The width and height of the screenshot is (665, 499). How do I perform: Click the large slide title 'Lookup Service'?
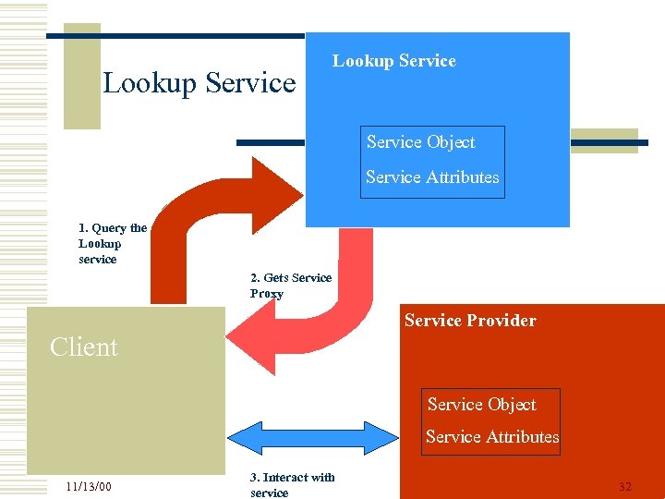[x=199, y=83]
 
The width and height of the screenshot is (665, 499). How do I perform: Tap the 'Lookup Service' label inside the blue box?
[x=394, y=61]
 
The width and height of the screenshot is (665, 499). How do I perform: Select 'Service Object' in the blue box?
[x=420, y=142]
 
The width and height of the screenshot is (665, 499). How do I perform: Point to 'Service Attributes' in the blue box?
[x=431, y=177]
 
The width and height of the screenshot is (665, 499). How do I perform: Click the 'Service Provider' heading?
[x=470, y=321]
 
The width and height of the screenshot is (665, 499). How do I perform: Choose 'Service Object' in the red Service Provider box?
[x=481, y=405]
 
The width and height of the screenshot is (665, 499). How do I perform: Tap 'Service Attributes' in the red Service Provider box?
[x=492, y=437]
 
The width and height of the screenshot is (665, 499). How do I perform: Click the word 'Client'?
[x=84, y=347]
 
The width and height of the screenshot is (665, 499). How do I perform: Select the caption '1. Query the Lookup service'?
[x=112, y=244]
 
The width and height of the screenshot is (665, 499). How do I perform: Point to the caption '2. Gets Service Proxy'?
[x=290, y=286]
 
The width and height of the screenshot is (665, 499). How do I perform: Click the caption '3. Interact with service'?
[x=292, y=485]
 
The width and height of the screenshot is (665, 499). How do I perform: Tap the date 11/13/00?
[x=89, y=487]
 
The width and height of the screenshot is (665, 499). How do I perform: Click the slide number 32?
[x=625, y=487]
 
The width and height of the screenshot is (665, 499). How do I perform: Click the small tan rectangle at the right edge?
[x=604, y=140]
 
